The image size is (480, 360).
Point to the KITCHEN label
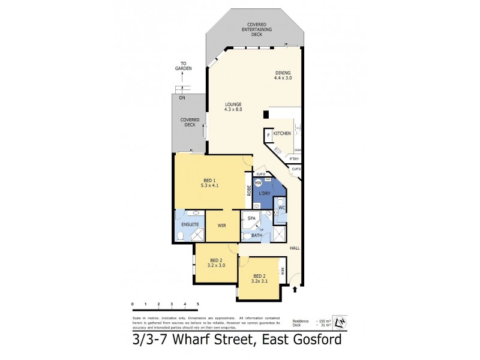click(x=282, y=133)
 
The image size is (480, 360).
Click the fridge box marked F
click(x=268, y=136)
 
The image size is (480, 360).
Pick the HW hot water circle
click(x=258, y=182)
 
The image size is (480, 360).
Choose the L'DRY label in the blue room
click(x=265, y=193)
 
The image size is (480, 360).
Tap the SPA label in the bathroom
click(x=252, y=218)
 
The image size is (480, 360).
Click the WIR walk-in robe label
click(x=222, y=225)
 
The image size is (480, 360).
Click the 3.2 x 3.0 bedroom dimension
click(x=215, y=265)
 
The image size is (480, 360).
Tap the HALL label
click(x=295, y=248)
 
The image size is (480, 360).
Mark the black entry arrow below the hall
click(x=295, y=290)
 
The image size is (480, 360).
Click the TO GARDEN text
click(x=184, y=67)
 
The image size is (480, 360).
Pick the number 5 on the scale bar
click(x=198, y=305)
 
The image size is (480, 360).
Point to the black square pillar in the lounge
click(x=265, y=114)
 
